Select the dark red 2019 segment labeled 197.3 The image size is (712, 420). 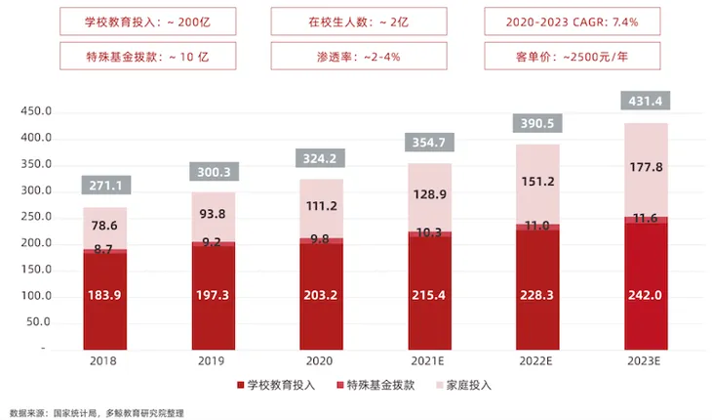click(x=213, y=295)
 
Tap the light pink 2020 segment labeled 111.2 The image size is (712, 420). click(x=321, y=206)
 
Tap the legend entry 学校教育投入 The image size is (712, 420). click(x=276, y=385)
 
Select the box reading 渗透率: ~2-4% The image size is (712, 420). click(x=356, y=56)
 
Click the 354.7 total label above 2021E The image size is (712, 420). click(x=429, y=143)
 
